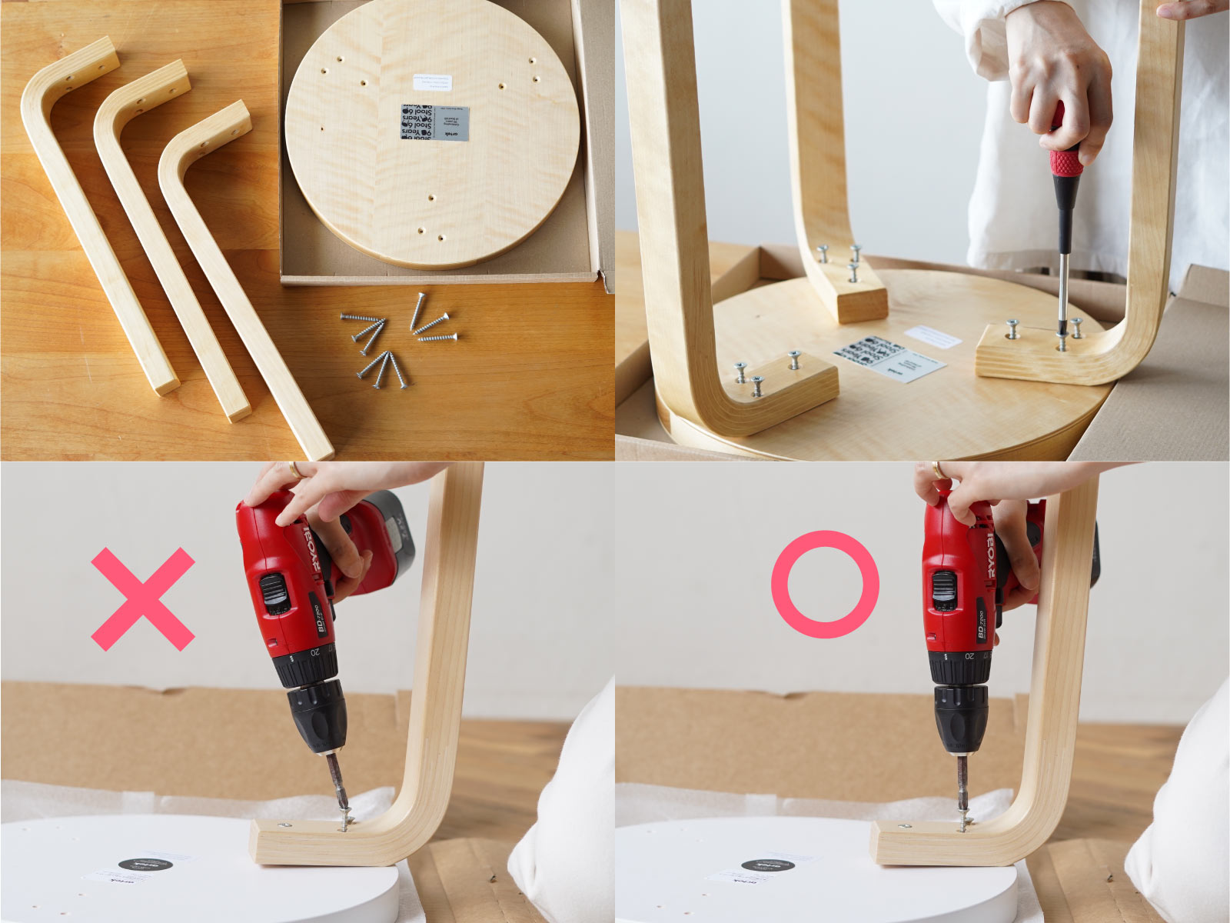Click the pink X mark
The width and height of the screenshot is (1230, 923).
point(143,599)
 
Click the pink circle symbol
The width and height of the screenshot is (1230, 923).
point(825,584)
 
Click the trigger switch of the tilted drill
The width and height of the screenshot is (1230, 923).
point(271,592)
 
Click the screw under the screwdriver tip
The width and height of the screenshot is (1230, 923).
point(1062,341)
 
